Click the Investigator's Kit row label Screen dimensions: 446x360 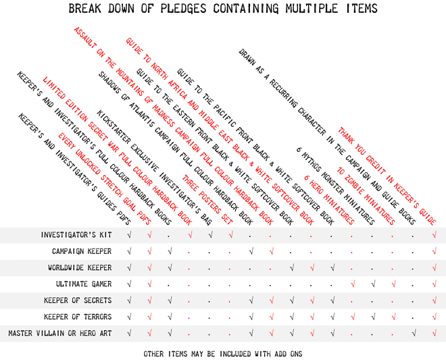(x=76, y=235)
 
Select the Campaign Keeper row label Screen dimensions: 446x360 (x=82, y=251)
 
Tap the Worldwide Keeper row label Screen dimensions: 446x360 (x=80, y=267)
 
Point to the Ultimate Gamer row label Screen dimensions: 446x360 (x=84, y=284)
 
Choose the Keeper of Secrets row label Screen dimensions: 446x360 (x=78, y=301)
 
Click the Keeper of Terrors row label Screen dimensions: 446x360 (x=78, y=317)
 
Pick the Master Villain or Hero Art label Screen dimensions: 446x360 (x=60, y=333)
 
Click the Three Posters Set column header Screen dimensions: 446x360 (x=207, y=199)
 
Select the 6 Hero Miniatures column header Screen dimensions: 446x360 (x=329, y=200)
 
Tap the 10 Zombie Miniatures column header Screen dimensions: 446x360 (x=366, y=196)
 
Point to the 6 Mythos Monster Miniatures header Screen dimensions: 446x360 (x=336, y=186)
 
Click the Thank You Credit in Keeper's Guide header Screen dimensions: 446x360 (x=387, y=176)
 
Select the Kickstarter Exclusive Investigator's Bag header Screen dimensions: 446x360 (x=155, y=168)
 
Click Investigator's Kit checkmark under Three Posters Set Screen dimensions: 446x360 (x=230, y=235)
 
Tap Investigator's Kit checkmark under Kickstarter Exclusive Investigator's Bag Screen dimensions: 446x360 (x=210, y=235)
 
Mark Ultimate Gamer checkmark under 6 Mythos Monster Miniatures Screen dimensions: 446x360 (x=373, y=284)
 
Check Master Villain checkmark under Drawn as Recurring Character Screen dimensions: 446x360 (x=414, y=333)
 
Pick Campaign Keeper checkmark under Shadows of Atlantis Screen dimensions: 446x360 (x=251, y=251)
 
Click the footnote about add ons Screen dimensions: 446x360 (x=223, y=354)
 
